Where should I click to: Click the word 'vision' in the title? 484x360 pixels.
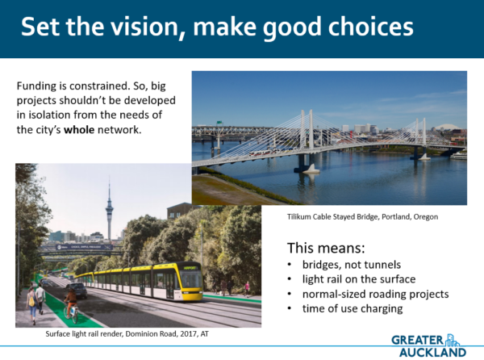(x=144, y=27)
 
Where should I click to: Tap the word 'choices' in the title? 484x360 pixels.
(x=370, y=27)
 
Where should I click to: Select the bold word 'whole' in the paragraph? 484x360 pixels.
(x=79, y=130)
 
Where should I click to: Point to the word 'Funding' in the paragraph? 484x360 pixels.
(x=37, y=86)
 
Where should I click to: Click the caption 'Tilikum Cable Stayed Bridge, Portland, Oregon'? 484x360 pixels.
(x=362, y=217)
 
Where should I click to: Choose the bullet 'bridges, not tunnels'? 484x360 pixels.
(x=352, y=265)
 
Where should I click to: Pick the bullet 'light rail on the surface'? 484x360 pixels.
(x=359, y=279)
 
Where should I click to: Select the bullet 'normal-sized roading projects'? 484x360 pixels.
(x=375, y=294)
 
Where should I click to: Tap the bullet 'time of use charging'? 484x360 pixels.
(x=353, y=309)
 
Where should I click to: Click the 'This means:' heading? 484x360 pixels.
(x=326, y=248)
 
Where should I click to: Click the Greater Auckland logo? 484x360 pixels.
(x=429, y=345)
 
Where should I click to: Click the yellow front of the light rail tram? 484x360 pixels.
(x=190, y=282)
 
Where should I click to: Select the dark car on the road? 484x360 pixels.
(x=76, y=291)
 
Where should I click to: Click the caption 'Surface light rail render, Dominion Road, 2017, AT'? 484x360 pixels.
(x=127, y=333)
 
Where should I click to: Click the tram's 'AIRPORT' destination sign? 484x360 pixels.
(x=190, y=268)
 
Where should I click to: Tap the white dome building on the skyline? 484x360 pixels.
(x=444, y=127)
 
